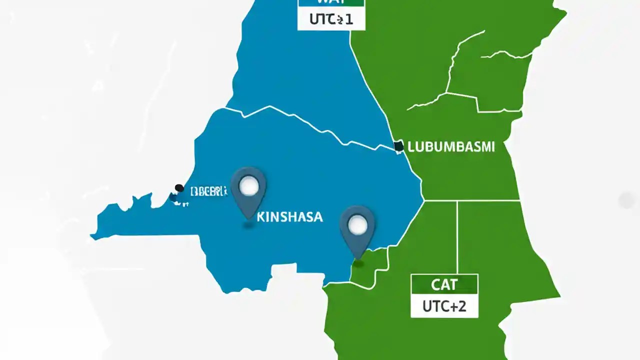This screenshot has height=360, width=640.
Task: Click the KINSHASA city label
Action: pyautogui.click(x=289, y=217)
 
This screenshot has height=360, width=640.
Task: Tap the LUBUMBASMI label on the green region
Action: pyautogui.click(x=451, y=146)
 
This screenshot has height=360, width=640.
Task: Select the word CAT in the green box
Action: pyautogui.click(x=444, y=285)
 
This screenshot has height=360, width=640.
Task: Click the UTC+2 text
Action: pyautogui.click(x=444, y=306)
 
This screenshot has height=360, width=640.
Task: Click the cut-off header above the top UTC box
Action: pyautogui.click(x=331, y=2)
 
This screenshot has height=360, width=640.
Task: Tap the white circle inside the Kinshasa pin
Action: pyautogui.click(x=248, y=186)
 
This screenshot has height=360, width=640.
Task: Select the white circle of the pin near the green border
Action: pyautogui.click(x=357, y=226)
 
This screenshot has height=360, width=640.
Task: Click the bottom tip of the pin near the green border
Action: pyautogui.click(x=357, y=259)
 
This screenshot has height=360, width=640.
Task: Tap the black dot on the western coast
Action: pyautogui.click(x=179, y=188)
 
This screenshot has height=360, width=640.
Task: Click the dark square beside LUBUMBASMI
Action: pyautogui.click(x=398, y=146)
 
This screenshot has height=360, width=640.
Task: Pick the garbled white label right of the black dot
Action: pyautogui.click(x=209, y=190)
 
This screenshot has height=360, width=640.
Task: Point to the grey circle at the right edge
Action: pyautogui.click(x=626, y=200)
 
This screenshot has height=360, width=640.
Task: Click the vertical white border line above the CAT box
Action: pyautogui.click(x=457, y=235)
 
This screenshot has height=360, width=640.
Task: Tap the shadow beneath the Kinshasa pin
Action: pyautogui.click(x=248, y=226)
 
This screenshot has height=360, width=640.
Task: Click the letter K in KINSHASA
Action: pyautogui.click(x=260, y=217)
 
